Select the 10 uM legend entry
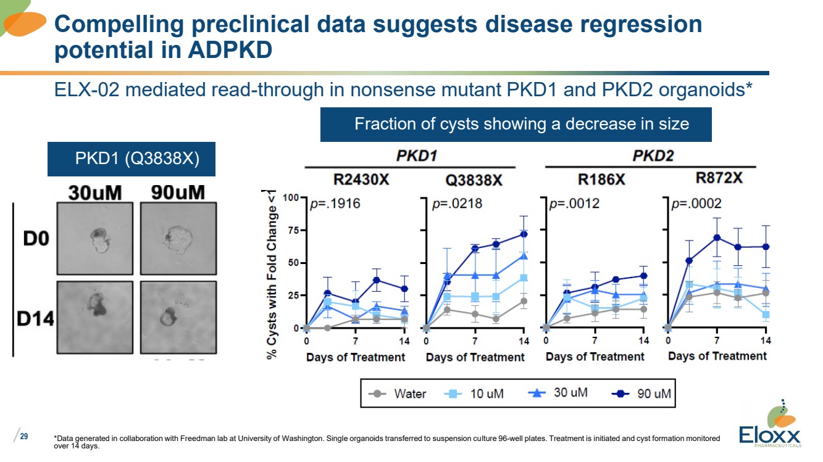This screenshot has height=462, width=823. [475, 393]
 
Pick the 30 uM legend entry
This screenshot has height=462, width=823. [558, 392]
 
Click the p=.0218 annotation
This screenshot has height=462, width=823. [458, 204]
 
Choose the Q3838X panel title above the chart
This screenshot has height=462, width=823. [474, 180]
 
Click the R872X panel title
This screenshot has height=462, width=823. [719, 179]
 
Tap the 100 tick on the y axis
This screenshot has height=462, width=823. [291, 198]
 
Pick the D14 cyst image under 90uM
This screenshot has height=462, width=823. [178, 316]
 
